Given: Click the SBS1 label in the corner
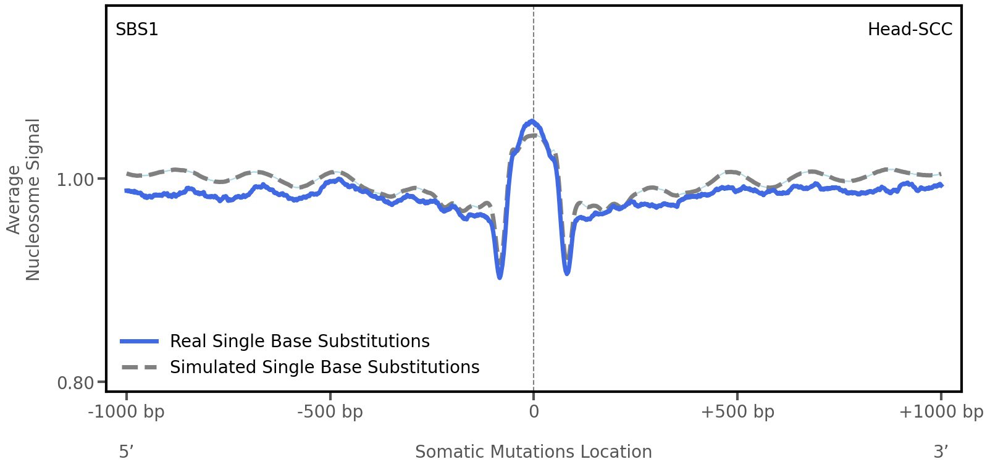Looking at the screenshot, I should point(137,30).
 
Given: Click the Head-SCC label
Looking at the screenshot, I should point(910,30).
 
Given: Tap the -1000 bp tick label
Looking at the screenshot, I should point(127,411).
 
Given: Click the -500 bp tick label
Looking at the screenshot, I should point(330,411).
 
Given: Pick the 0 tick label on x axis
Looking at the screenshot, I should point(534,411).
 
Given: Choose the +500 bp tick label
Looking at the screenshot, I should point(737,411).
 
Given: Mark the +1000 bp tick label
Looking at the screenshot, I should point(941,411).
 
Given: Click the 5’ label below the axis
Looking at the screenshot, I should point(127,452).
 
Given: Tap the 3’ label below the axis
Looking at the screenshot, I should point(941,452).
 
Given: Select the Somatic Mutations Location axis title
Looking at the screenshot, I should point(534,452).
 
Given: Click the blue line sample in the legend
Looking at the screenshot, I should point(140,342).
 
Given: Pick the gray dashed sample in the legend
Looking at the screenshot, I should point(140,368).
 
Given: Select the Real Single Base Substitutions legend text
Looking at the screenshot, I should point(300,342).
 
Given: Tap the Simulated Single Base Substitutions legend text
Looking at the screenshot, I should point(324,368).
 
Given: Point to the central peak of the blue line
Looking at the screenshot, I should point(531,122).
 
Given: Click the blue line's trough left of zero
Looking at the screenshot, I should point(500,277).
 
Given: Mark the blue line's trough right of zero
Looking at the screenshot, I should point(567,272).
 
